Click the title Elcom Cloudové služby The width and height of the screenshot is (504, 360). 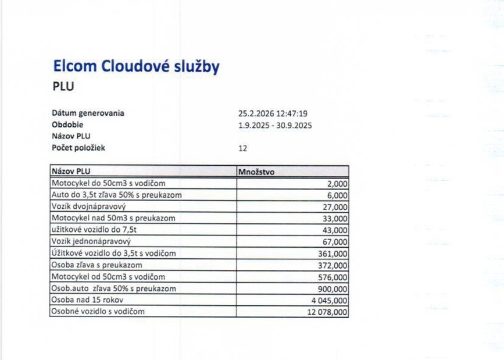point(136,66)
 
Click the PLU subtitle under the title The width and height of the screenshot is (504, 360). point(63,87)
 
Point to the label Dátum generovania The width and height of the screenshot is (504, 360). point(88,113)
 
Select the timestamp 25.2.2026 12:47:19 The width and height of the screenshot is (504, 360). point(273,113)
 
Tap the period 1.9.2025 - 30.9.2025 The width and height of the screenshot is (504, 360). point(276,124)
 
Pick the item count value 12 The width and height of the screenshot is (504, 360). point(243,148)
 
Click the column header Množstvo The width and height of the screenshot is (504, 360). point(256,172)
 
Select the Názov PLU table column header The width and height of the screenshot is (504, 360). point(72,172)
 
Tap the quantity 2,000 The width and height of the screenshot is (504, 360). point(337,184)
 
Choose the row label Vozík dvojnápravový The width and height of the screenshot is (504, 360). point(89,206)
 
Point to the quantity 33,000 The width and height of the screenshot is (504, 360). point(335,219)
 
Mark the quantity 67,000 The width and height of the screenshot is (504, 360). point(335,242)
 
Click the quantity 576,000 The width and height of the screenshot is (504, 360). point(333,277)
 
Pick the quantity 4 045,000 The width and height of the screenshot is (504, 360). point(329,300)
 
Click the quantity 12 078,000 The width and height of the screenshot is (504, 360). point(327,312)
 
